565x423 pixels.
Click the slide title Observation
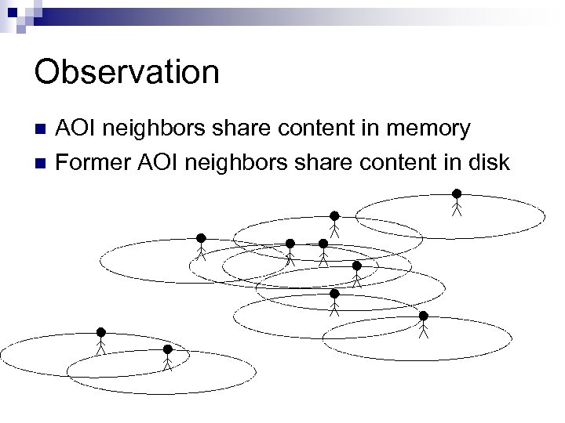pyautogui.click(x=126, y=73)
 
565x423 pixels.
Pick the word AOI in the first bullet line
pyautogui.click(x=78, y=129)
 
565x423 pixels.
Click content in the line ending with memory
pyautogui.click(x=313, y=129)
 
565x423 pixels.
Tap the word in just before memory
pyautogui.click(x=361, y=129)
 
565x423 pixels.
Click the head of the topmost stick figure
pyautogui.click(x=456, y=193)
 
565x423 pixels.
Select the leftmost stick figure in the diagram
pyautogui.click(x=100, y=342)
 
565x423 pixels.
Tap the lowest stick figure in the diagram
pyautogui.click(x=167, y=357)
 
